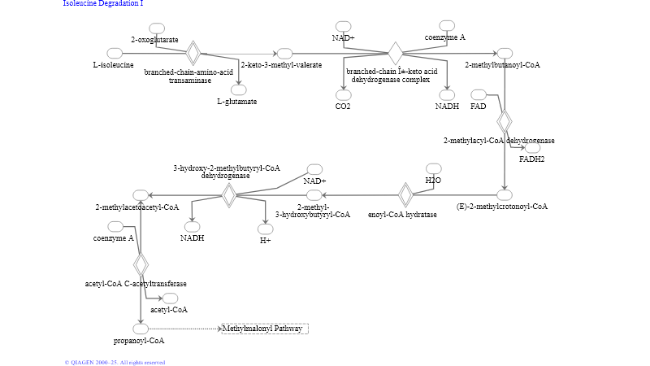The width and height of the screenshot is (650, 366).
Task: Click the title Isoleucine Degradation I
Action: [103, 4]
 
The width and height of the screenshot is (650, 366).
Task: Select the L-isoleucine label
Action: [114, 65]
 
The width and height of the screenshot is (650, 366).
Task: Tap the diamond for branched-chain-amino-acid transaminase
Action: [193, 53]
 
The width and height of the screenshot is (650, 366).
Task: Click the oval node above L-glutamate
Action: [239, 89]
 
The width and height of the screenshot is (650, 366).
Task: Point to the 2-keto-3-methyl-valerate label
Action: [281, 65]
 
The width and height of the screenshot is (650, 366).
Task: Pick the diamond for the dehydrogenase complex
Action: [395, 54]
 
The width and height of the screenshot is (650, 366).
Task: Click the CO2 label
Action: [343, 107]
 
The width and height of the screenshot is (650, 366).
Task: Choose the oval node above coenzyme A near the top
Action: [447, 25]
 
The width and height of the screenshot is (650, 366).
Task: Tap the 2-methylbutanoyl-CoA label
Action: [502, 65]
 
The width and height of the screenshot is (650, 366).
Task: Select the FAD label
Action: [478, 107]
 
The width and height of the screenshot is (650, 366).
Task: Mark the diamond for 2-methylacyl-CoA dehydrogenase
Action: [505, 121]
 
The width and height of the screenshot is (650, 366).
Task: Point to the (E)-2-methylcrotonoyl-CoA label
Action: [502, 207]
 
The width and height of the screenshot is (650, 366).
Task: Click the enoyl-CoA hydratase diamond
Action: [406, 195]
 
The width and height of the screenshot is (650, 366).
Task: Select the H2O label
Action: [433, 180]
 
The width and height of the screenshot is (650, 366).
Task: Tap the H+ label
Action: [265, 241]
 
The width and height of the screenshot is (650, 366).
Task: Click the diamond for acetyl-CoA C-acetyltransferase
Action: [141, 264]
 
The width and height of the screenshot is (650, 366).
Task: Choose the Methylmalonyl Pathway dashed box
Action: [265, 329]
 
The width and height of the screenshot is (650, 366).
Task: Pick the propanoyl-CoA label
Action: [139, 341]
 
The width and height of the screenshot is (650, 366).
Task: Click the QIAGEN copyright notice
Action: [115, 362]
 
